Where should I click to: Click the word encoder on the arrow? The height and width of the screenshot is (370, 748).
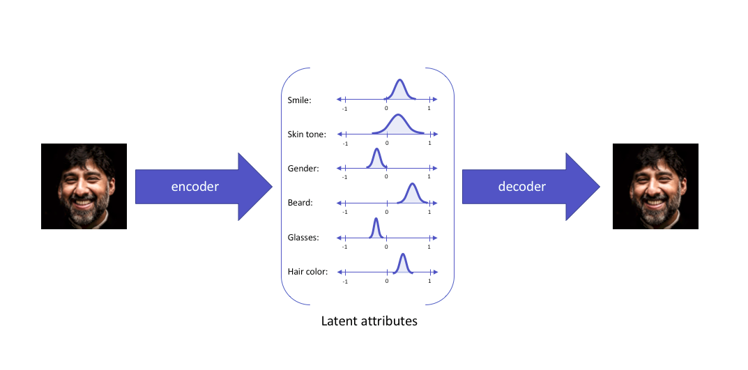click(196, 187)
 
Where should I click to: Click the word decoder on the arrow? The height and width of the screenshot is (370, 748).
click(521, 186)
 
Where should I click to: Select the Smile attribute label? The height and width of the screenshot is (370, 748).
click(299, 100)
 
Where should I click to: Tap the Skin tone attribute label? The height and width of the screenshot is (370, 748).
click(306, 134)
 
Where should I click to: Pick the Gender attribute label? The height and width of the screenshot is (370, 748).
click(303, 168)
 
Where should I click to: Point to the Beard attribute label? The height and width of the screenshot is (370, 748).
click(300, 203)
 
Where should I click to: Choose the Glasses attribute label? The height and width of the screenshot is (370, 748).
click(303, 237)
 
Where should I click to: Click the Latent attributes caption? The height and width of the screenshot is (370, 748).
click(369, 321)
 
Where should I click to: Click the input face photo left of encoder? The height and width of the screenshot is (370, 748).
click(84, 186)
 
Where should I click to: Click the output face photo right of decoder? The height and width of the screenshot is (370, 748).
click(655, 186)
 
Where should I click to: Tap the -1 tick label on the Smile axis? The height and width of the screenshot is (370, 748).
click(344, 109)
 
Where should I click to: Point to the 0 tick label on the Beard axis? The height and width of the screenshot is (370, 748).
click(386, 212)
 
